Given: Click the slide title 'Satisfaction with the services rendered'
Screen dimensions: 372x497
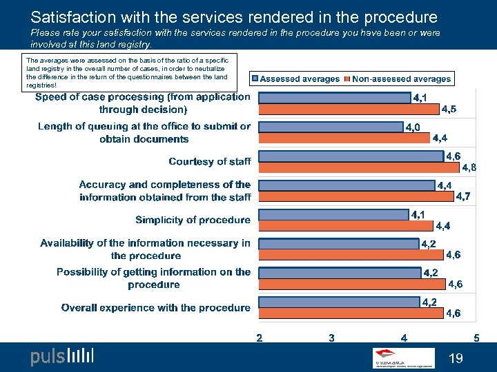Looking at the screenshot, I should [x=234, y=17].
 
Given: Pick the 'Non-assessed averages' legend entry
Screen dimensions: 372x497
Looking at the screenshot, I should [x=401, y=79].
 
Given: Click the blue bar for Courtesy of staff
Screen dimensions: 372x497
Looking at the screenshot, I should [x=351, y=156].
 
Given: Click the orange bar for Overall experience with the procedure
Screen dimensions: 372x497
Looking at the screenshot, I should [x=351, y=313].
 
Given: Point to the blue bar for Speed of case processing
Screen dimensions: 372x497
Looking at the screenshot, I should [x=334, y=99].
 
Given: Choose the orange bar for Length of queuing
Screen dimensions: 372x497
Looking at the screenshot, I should [x=344, y=138].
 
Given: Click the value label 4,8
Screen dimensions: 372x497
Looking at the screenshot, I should [x=469, y=167].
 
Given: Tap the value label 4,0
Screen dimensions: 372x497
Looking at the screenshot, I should [x=413, y=127].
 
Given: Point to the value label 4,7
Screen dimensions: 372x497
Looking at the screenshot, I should [x=464, y=197].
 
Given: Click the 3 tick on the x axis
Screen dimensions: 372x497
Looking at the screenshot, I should [x=332, y=338].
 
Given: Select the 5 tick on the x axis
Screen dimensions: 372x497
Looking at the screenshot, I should [x=476, y=338].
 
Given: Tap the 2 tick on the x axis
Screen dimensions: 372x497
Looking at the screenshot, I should [x=259, y=338].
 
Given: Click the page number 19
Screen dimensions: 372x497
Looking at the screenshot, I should [x=455, y=358].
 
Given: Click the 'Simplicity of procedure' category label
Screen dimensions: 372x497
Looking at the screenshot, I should [x=193, y=220].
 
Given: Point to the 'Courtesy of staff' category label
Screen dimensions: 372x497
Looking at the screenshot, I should [x=210, y=162].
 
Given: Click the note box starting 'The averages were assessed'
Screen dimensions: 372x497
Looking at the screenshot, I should [x=130, y=72].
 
